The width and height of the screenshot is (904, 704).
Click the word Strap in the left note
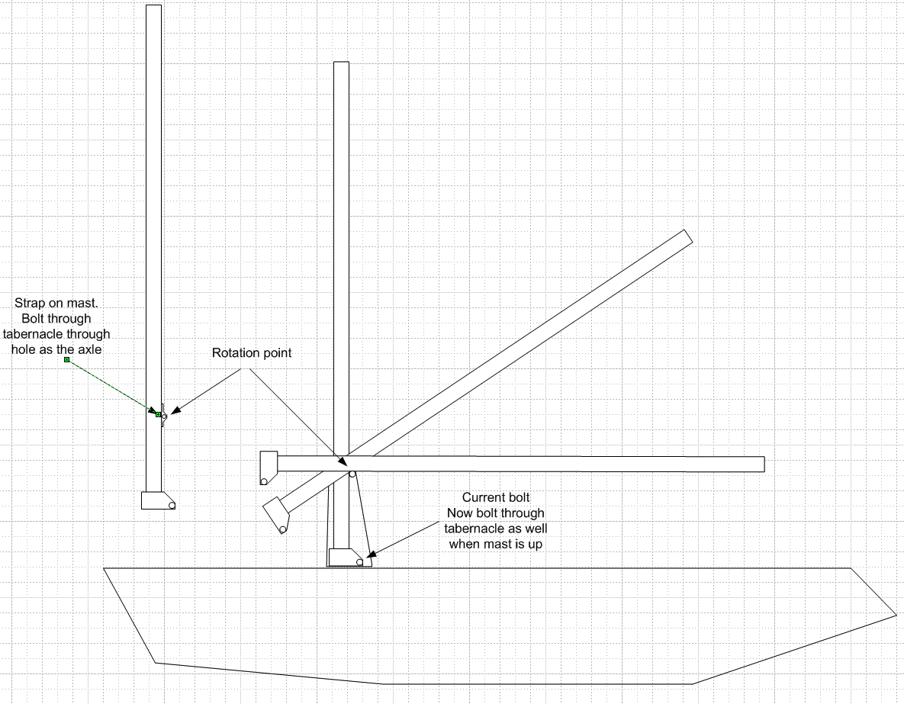(28, 304)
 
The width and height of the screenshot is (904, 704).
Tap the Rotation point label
(252, 353)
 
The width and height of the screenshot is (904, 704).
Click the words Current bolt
(495, 498)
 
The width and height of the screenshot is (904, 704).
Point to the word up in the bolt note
(535, 544)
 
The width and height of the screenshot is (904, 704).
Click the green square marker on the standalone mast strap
(158, 415)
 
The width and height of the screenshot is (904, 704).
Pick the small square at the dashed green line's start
(66, 359)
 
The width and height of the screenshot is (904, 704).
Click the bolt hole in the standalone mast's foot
(172, 505)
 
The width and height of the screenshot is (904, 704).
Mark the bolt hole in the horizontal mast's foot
(264, 481)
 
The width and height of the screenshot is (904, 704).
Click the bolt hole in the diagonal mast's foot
(282, 529)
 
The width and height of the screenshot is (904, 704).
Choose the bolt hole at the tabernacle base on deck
(359, 562)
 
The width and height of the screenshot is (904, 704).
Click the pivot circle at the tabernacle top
(352, 474)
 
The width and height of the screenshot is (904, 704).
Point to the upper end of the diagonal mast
(687, 237)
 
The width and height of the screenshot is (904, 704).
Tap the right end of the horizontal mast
(762, 464)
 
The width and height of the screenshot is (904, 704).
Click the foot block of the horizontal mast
(268, 468)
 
